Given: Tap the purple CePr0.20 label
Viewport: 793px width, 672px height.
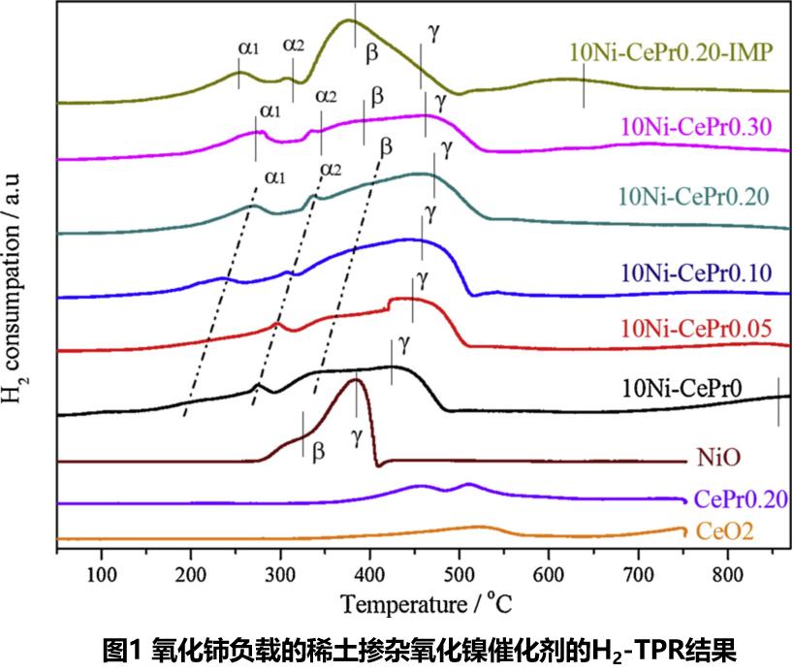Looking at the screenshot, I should (743, 499).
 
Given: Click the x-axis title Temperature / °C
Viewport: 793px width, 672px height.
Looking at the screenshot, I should (425, 603).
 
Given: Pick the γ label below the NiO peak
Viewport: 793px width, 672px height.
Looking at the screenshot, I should (358, 438).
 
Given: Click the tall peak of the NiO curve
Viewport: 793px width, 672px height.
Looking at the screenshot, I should (357, 380).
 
